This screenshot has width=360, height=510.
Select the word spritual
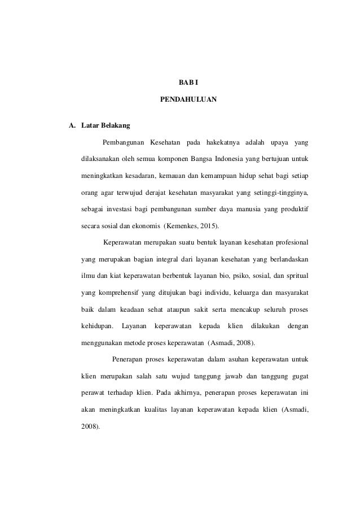coord(301,276)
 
